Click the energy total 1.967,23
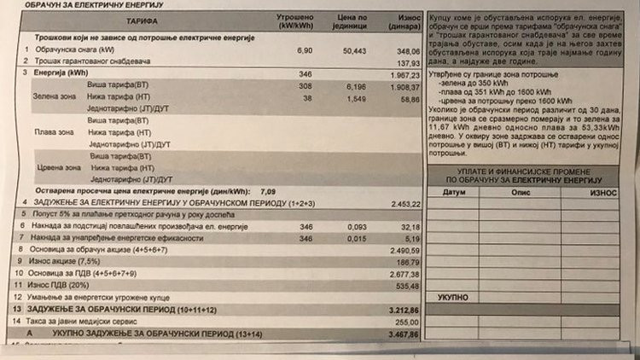click(x=405, y=75)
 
